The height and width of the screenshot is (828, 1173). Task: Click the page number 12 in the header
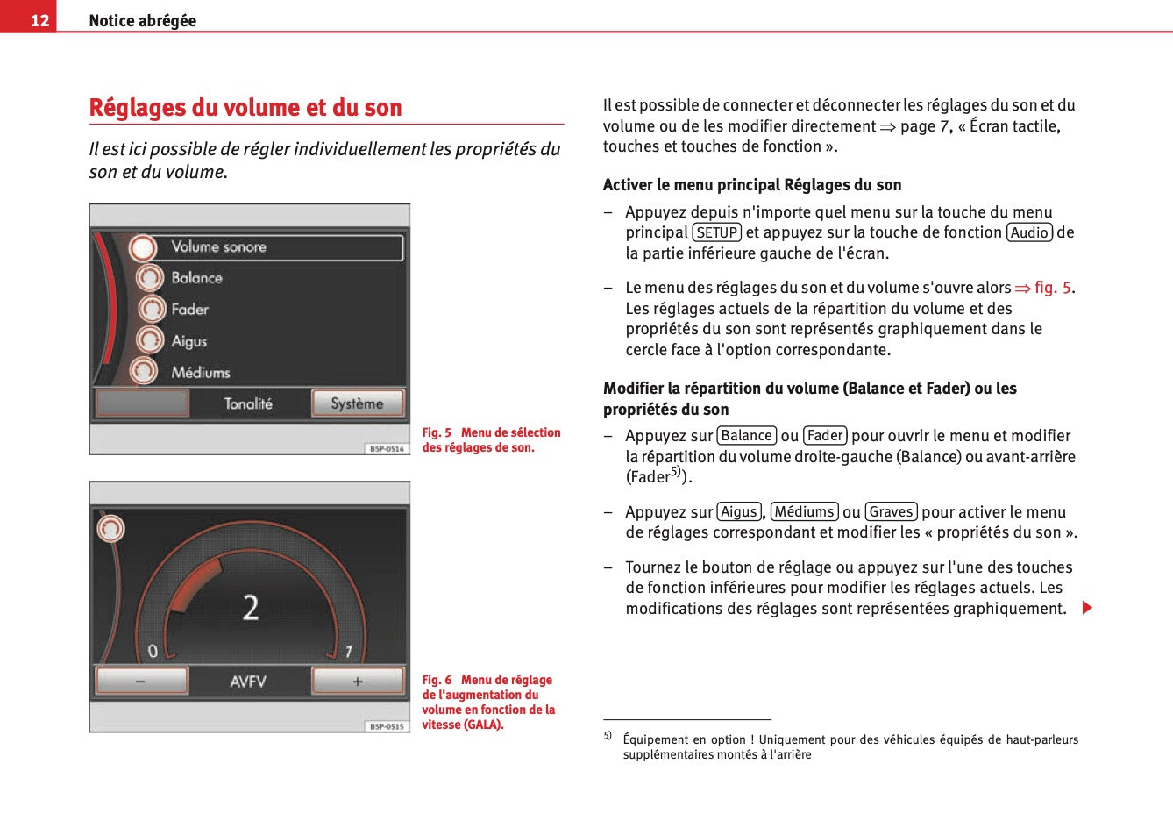click(x=39, y=20)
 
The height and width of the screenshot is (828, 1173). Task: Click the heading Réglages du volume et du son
click(x=245, y=108)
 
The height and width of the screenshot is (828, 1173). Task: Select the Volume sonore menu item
click(x=218, y=247)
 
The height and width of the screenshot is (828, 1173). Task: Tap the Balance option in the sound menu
click(x=196, y=278)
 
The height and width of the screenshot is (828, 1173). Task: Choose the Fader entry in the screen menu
click(x=189, y=310)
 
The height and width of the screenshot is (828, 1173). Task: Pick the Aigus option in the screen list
click(x=188, y=341)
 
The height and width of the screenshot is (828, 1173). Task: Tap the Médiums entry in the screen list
click(x=200, y=373)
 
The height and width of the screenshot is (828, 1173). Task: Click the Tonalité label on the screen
click(x=248, y=403)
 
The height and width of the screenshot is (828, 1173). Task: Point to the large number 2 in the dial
click(x=251, y=608)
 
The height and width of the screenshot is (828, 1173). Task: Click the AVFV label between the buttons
click(x=248, y=682)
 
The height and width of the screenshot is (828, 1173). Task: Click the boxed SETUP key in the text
click(x=716, y=232)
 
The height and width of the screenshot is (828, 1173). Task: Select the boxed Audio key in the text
click(x=1029, y=232)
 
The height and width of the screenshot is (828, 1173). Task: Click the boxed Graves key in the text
click(x=891, y=512)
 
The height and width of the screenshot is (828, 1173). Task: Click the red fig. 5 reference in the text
click(x=1052, y=288)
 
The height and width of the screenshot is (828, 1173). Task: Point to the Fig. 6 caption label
click(x=437, y=680)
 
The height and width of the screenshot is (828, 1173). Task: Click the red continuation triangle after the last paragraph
click(x=1087, y=608)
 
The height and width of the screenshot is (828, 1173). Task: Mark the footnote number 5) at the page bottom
click(x=608, y=736)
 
